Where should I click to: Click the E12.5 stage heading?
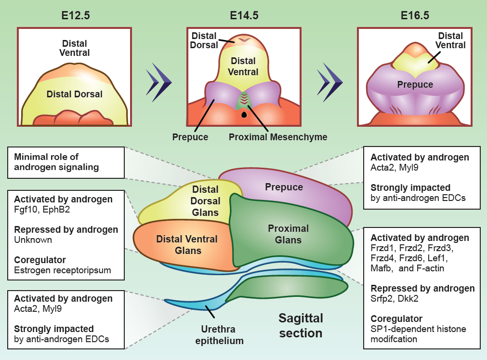click(x=76, y=15)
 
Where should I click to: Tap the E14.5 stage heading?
click(x=244, y=15)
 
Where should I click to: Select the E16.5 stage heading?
click(x=415, y=15)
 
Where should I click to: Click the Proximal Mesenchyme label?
click(x=278, y=137)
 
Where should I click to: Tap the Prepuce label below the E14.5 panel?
click(x=190, y=137)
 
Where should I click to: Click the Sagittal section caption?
click(x=301, y=325)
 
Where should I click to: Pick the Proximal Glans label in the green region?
click(x=288, y=234)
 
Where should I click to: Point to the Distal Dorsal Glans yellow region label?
click(x=206, y=201)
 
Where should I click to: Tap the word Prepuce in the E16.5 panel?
click(x=415, y=85)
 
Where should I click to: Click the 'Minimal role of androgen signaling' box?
click(x=66, y=162)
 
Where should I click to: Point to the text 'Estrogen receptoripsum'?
click(x=63, y=270)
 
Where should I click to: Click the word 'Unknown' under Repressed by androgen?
click(x=33, y=240)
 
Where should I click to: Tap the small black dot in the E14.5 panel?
click(x=245, y=115)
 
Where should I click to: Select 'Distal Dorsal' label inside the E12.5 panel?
click(x=75, y=94)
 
